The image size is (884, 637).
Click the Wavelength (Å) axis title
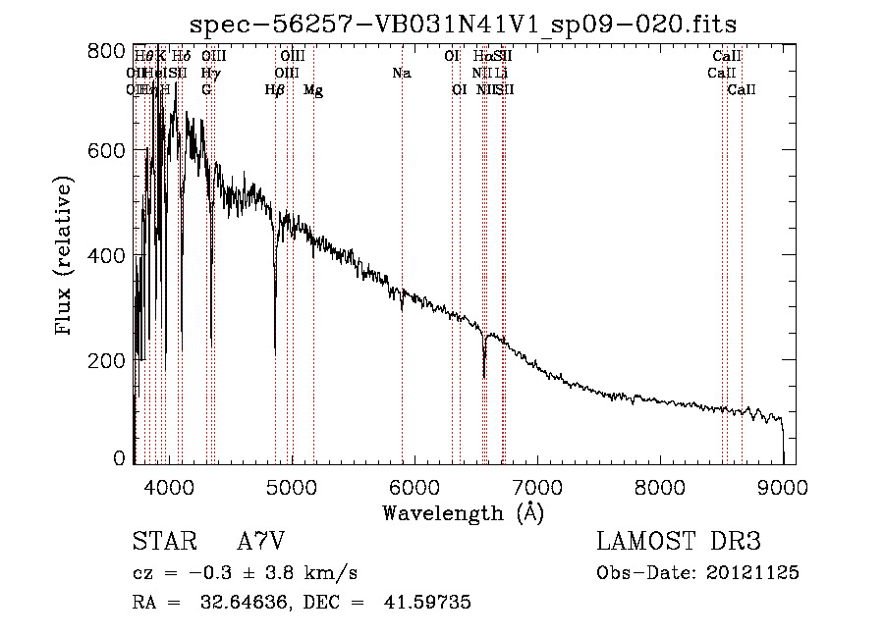coord(463,511)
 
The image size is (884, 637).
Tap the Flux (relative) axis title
coord(66,257)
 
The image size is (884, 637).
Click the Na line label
coord(401,73)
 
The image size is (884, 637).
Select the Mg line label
coord(313,90)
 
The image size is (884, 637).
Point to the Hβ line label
coord(275,90)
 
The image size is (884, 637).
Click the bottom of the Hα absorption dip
coord(484,375)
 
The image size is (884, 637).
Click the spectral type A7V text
coord(261,542)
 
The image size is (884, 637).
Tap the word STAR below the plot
coord(163,542)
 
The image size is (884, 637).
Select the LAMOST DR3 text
coord(679,542)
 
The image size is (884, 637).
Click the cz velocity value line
coord(245,573)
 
